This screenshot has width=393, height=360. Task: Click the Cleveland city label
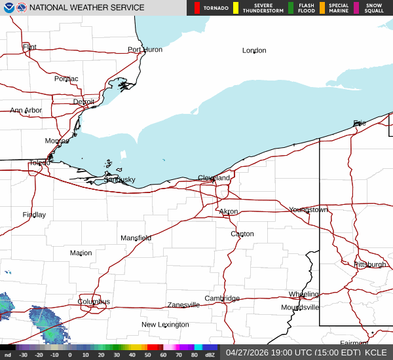[x=214, y=178]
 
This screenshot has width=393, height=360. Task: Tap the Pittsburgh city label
[x=370, y=264]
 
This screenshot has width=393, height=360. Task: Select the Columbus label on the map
[x=94, y=302]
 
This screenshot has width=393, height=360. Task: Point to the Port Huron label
[x=145, y=50]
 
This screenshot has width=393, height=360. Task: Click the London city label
[x=254, y=50]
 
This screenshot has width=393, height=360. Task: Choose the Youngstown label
[x=308, y=209]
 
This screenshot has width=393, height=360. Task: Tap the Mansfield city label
[x=136, y=238]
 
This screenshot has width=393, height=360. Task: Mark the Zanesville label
[x=183, y=305]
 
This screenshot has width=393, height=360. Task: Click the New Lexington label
[x=165, y=325]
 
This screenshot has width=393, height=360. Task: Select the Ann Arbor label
[x=26, y=111]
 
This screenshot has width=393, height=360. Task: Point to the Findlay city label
[x=34, y=215]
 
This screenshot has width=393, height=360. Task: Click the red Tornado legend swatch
[x=197, y=8]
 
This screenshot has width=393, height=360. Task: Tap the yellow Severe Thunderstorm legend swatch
[x=236, y=8]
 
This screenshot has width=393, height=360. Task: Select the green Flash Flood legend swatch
[x=291, y=8]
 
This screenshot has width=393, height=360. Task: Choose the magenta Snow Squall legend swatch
[x=356, y=8]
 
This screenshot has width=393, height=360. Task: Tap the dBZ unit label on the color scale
[x=210, y=355]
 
